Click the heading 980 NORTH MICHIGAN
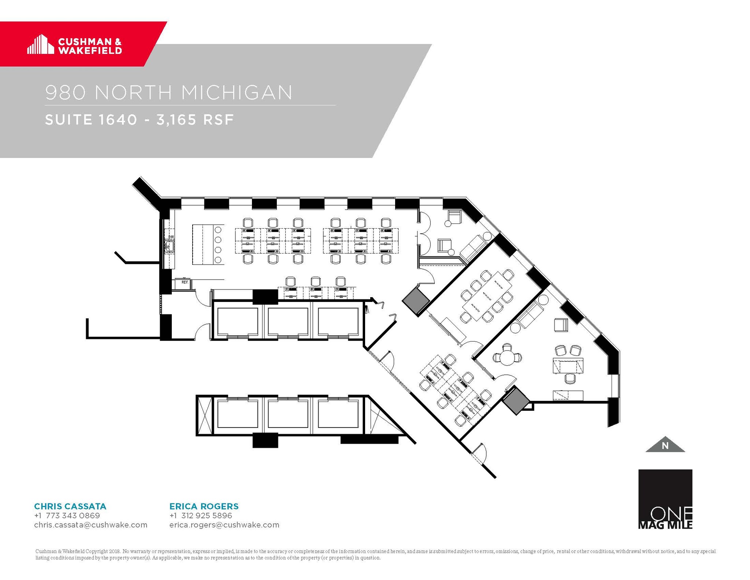pos(169,92)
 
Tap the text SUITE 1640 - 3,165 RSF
pos(139,120)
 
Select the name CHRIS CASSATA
pos(70,506)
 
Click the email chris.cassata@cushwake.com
pos(91,525)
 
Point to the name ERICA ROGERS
pos(204,506)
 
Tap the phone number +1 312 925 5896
pos(201,516)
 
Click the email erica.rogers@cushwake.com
pos(224,525)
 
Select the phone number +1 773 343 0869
pos(67,516)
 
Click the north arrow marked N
pos(665,445)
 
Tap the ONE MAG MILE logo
pos(665,499)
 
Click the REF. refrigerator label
pos(185,282)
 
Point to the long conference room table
pos(487,296)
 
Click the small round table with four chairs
pos(507,357)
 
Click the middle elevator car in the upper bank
pos(288,321)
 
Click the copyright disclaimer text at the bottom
pos(375,554)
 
